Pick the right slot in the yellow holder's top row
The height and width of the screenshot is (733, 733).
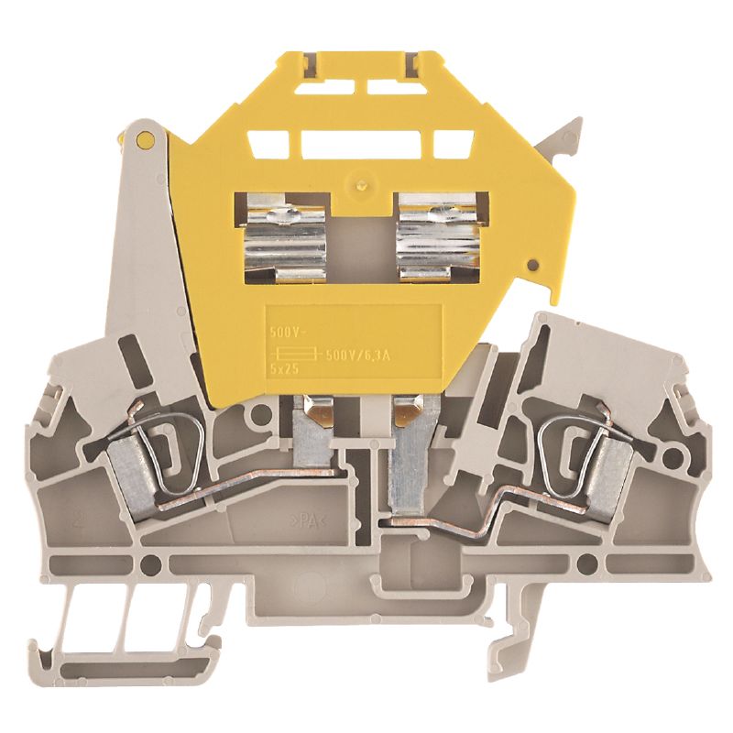click(x=453, y=145)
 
